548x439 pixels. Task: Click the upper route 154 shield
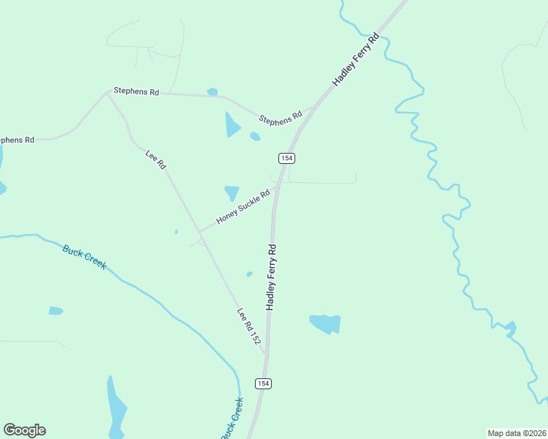point(286,158)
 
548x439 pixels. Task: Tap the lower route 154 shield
point(263,383)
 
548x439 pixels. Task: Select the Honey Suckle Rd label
point(243,207)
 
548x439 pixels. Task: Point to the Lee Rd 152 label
point(249,326)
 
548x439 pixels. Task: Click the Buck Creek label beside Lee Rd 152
point(84,257)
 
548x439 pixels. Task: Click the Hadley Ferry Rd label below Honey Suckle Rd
point(271,277)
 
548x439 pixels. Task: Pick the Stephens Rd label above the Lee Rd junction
point(136,92)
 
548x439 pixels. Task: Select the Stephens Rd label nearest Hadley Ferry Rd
point(281,117)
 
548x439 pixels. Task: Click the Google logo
point(24,430)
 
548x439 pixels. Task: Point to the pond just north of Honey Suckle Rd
point(232,192)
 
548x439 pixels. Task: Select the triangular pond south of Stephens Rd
point(232,125)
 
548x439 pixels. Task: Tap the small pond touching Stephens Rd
point(212,92)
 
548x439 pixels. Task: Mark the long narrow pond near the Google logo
point(115,406)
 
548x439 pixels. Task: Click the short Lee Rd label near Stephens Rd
point(156,160)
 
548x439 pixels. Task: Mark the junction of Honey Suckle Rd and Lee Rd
point(200,232)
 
